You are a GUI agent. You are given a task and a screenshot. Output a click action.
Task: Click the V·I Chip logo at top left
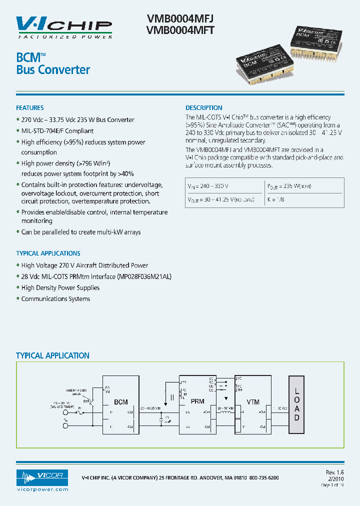pyautogui.click(x=64, y=26)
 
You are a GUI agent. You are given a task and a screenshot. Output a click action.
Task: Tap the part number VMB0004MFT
pyautogui.click(x=180, y=30)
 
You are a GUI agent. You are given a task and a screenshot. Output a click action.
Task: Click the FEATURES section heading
pyautogui.click(x=30, y=108)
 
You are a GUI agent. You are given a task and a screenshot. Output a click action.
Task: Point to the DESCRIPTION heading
pyautogui.click(x=204, y=108)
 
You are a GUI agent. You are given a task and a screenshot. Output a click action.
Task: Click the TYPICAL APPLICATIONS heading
pyautogui.click(x=48, y=253)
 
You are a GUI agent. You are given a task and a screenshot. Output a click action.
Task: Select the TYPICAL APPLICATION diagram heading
pyautogui.click(x=52, y=356)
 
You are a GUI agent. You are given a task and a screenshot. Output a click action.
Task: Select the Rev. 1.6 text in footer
pyautogui.click(x=335, y=471)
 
